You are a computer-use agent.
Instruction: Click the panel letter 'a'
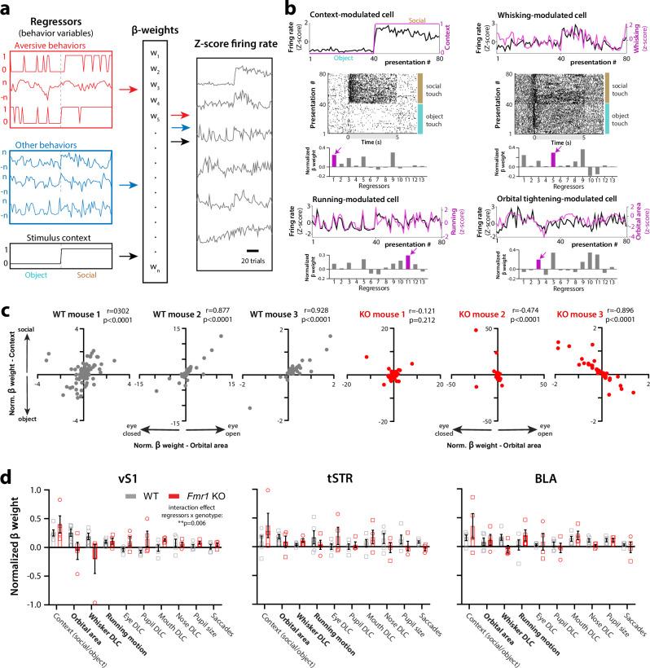[7, 7]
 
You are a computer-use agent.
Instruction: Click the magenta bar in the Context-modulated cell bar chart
[334, 160]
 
